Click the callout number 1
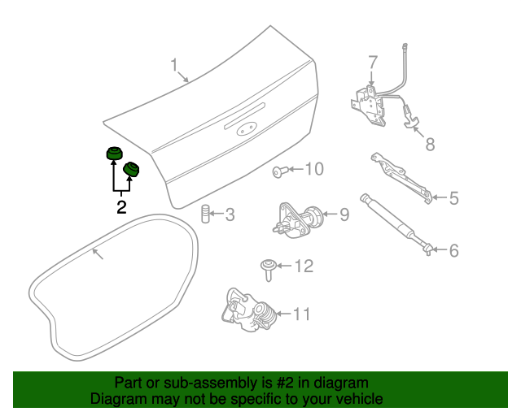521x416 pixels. (174, 65)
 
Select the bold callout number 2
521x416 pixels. (121, 207)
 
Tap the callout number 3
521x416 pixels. (230, 215)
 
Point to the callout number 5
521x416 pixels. (454, 198)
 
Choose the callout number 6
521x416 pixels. (454, 250)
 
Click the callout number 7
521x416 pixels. (373, 63)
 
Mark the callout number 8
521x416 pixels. (431, 145)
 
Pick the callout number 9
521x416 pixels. (344, 214)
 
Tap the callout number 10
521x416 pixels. (314, 169)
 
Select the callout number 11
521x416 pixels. (302, 314)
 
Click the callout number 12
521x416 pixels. (304, 266)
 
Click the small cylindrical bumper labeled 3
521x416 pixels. (206, 214)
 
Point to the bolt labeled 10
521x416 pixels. (278, 171)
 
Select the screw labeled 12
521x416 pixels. (268, 270)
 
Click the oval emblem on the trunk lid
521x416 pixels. (245, 130)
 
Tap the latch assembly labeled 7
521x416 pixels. (369, 106)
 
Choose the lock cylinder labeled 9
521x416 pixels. (297, 221)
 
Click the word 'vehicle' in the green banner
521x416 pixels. (360, 398)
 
